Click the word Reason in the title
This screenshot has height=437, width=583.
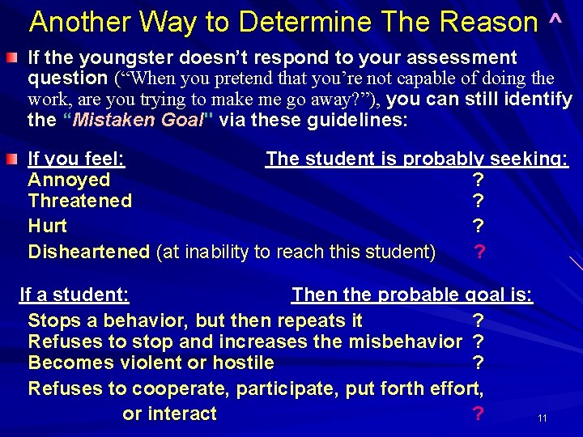(487, 23)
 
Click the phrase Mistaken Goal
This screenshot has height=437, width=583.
(138, 121)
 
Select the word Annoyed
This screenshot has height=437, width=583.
(69, 180)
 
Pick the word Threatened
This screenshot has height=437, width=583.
(79, 200)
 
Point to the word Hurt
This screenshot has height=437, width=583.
(47, 226)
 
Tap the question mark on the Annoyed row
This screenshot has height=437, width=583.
(479, 180)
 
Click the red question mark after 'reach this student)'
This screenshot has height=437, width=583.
(480, 252)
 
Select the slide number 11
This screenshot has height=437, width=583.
(543, 418)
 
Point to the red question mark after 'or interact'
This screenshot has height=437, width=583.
(478, 414)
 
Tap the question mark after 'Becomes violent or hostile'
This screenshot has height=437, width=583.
(478, 363)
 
